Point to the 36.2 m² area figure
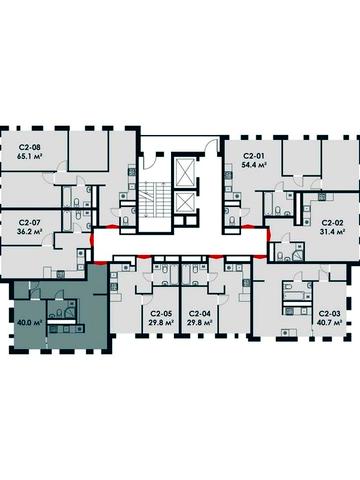pyautogui.click(x=29, y=231)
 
